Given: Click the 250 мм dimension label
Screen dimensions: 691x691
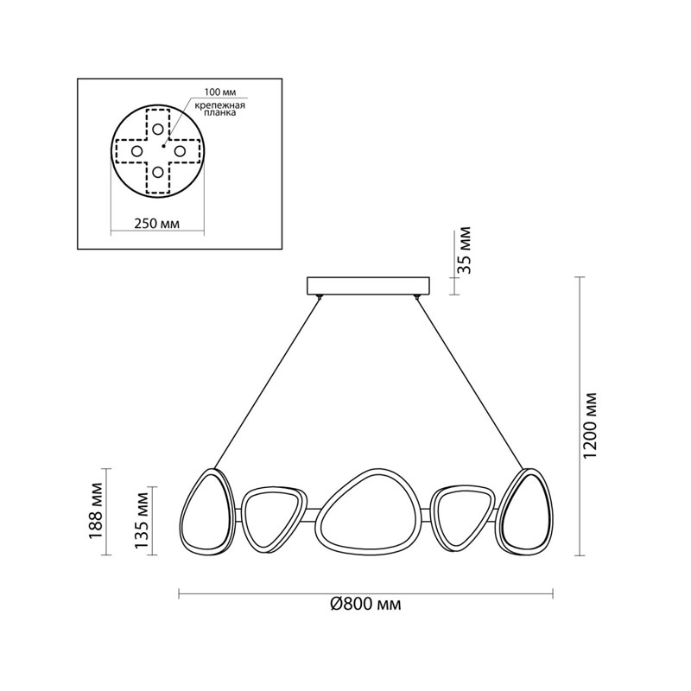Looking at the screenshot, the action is [157, 224].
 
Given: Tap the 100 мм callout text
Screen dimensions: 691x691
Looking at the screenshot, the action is [219, 92].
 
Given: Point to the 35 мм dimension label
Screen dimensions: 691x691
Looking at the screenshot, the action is [465, 250].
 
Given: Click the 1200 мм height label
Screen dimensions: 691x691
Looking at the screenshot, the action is [590, 425].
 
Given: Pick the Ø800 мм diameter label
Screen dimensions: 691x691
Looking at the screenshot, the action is [365, 604].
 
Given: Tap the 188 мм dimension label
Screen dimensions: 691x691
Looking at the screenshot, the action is [96, 511].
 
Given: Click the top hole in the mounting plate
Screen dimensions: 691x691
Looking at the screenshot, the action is [158, 129].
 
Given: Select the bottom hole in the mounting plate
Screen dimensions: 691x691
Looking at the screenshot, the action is [158, 172].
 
